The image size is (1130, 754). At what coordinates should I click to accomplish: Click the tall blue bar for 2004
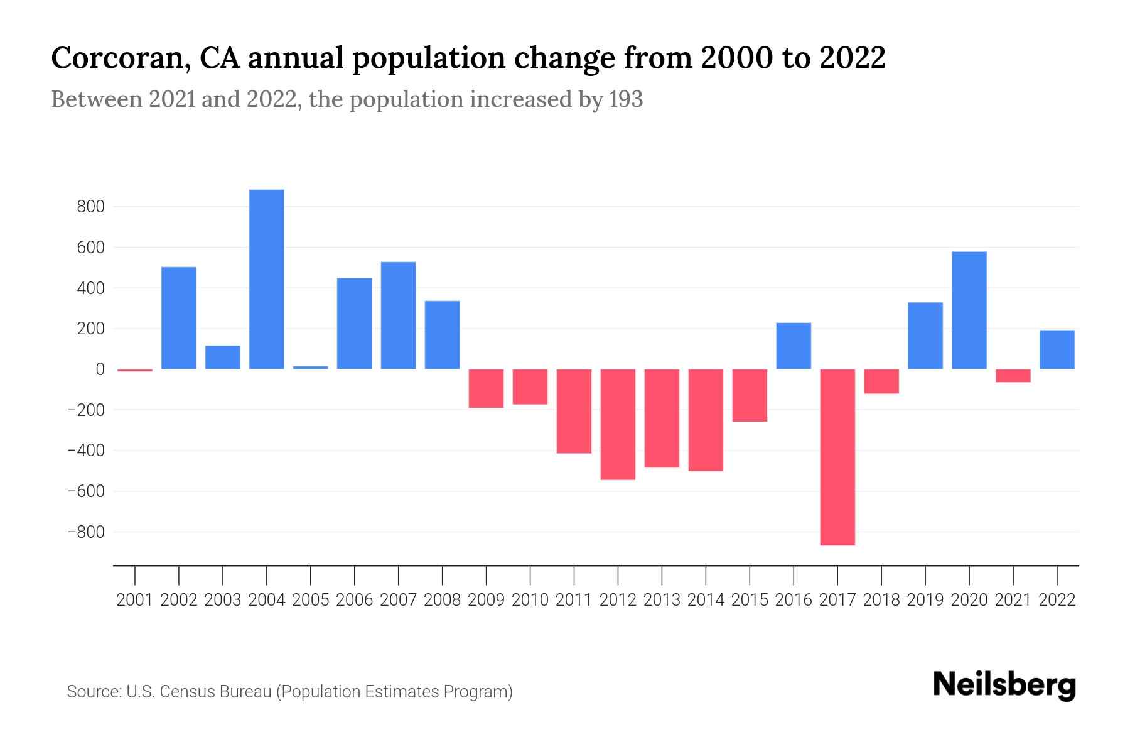point(266,279)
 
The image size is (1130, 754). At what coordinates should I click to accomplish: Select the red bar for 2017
point(837,457)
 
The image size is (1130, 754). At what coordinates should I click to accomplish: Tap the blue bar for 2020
point(969,310)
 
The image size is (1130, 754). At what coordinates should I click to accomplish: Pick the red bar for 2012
point(618,424)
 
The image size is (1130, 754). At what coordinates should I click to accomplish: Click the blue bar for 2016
point(794,346)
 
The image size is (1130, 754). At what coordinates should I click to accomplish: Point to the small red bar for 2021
point(1013,376)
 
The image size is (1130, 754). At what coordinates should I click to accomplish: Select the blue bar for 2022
point(1057,349)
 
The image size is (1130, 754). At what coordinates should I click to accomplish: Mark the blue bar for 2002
point(179,318)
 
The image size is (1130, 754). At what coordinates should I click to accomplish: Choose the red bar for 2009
point(487,388)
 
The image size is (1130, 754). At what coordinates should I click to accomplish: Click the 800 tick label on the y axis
point(90,207)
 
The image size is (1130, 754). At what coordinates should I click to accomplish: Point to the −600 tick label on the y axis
point(86,491)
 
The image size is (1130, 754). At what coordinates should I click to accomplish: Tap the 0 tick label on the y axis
point(99,369)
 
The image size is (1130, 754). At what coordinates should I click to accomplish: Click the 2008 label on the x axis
point(442,600)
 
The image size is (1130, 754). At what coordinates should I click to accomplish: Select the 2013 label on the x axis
point(662,600)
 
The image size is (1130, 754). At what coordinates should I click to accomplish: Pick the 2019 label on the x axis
point(925,600)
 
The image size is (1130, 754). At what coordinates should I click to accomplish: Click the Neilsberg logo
point(1004,685)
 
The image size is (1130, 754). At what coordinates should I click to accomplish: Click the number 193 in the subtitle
point(626,100)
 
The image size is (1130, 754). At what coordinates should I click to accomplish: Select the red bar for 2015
point(750,395)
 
